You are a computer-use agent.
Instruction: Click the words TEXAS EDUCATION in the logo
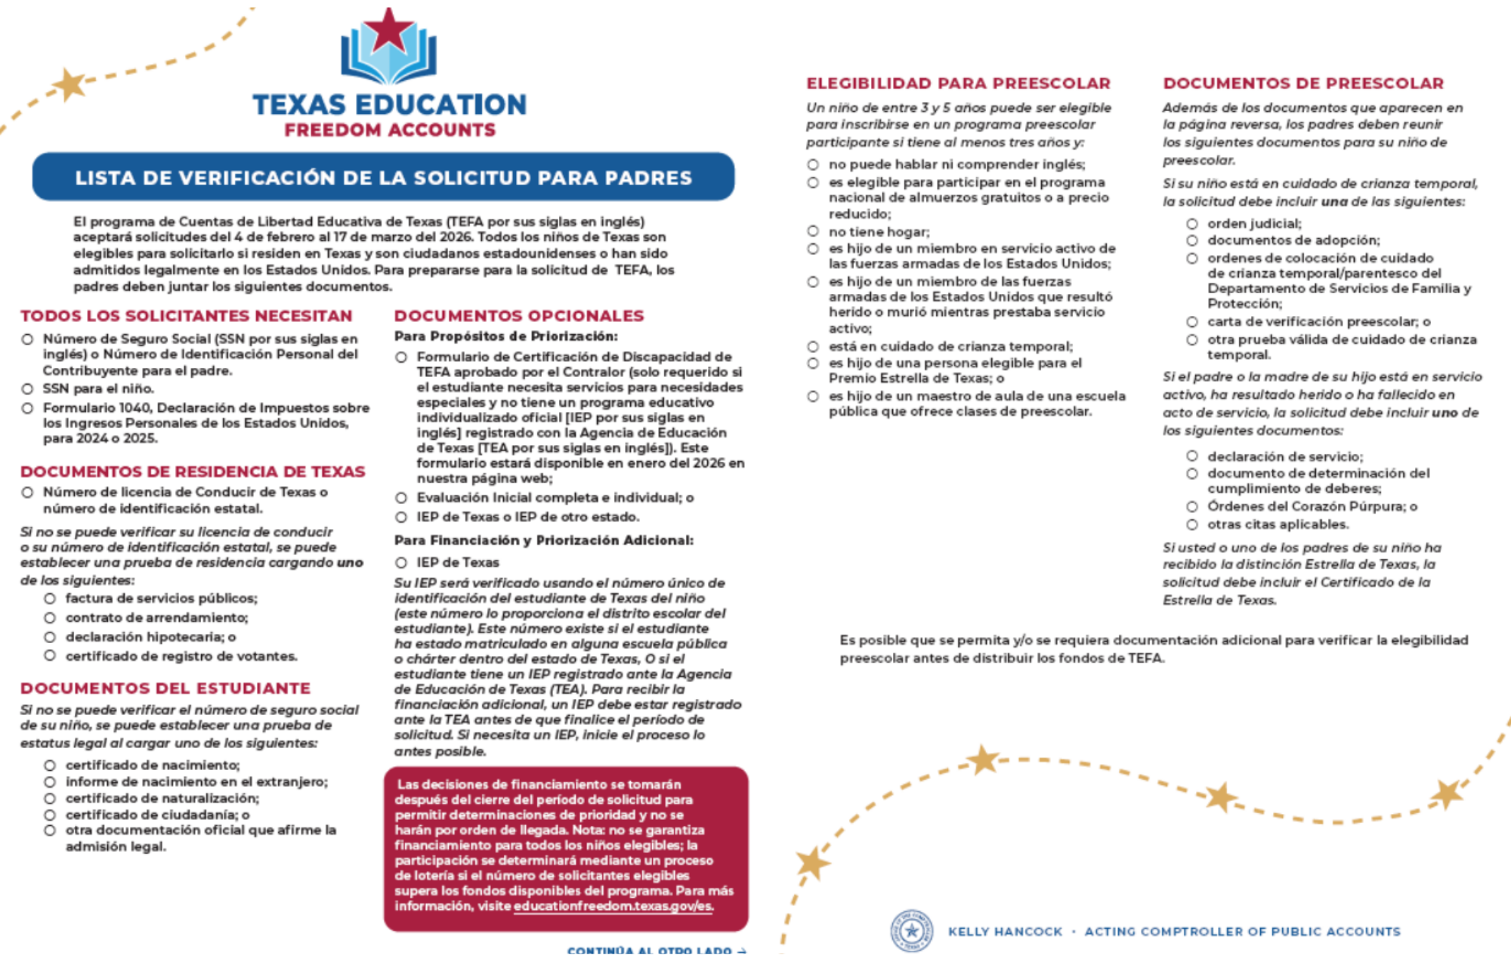click(x=390, y=104)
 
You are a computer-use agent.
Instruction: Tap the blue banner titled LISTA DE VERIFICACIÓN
click(x=383, y=177)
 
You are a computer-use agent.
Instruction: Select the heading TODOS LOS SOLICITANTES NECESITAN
click(x=187, y=316)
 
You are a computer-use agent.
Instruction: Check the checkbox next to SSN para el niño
click(x=28, y=389)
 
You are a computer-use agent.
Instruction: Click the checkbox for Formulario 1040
click(x=28, y=408)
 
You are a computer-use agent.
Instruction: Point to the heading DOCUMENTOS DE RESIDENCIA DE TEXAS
click(x=193, y=472)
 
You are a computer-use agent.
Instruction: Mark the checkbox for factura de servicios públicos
click(x=50, y=599)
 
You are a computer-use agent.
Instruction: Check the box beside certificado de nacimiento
click(x=50, y=766)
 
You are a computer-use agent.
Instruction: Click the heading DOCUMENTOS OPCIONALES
click(x=519, y=316)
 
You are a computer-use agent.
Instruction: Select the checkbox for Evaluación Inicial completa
click(x=401, y=498)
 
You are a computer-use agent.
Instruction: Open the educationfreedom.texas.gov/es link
click(x=613, y=906)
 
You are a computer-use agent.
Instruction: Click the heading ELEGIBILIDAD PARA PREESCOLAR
click(x=958, y=83)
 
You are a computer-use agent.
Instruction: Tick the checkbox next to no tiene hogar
click(x=813, y=231)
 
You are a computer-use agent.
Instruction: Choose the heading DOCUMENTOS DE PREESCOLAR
click(x=1303, y=83)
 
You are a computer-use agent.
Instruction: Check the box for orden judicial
click(x=1192, y=224)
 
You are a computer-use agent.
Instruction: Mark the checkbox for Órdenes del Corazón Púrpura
click(x=1192, y=506)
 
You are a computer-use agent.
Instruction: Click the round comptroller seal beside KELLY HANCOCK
click(x=912, y=930)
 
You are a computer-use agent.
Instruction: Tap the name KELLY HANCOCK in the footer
click(x=1005, y=932)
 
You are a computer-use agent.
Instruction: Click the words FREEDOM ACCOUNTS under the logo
click(x=390, y=130)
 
